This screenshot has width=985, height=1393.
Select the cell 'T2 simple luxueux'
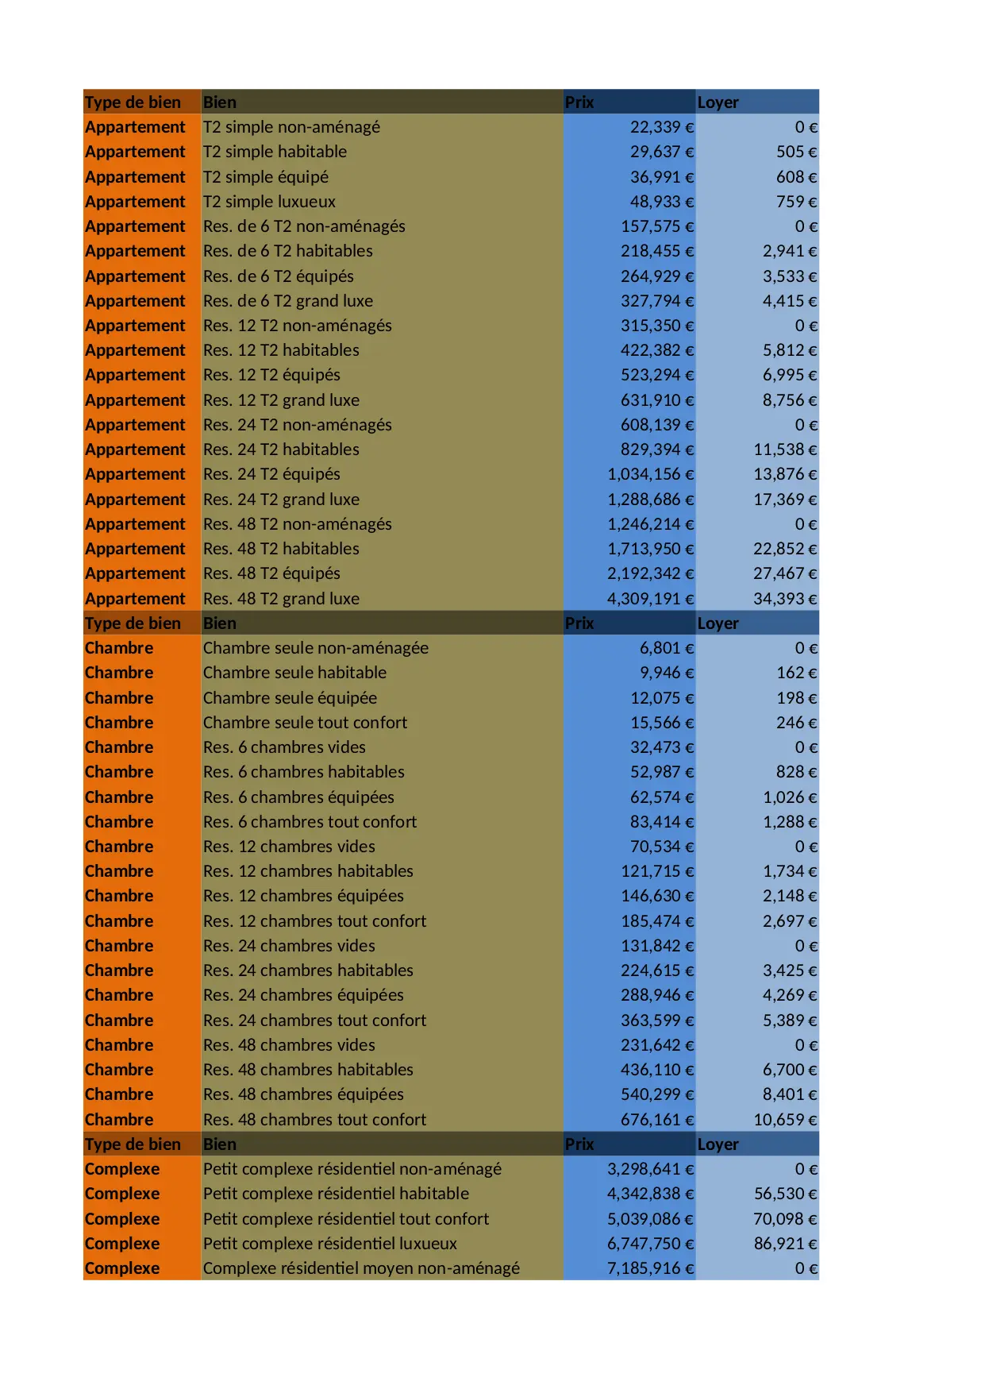269,202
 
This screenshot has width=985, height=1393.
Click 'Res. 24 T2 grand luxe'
281,500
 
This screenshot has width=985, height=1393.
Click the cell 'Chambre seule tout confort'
305,723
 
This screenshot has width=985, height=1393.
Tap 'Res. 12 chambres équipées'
303,896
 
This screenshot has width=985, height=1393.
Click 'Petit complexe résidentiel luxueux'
330,1244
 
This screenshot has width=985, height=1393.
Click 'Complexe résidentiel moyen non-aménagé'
361,1268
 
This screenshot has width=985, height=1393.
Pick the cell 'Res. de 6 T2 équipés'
279,276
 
